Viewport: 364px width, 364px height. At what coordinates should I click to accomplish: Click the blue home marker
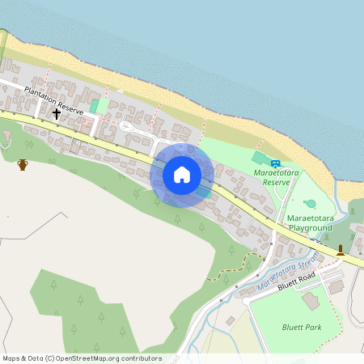[182, 174]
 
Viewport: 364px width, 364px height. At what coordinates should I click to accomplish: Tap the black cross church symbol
[57, 114]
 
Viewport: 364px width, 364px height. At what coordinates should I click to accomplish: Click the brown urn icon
[23, 165]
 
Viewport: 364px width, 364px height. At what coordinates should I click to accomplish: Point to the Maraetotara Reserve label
[272, 177]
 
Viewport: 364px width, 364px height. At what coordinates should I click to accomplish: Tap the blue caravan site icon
[275, 163]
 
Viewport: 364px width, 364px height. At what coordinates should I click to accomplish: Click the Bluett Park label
[301, 327]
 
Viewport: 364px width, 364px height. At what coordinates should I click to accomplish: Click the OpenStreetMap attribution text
[82, 358]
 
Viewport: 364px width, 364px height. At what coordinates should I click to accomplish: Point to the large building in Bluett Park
[311, 300]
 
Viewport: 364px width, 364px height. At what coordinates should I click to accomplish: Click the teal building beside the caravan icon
[260, 158]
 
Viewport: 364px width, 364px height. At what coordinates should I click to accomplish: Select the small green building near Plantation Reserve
[95, 106]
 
